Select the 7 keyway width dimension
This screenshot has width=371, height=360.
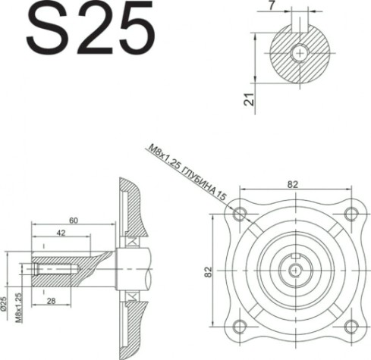(x=294, y=6)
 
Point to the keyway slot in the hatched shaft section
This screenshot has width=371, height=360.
(x=301, y=33)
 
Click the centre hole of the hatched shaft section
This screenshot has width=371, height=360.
(x=301, y=53)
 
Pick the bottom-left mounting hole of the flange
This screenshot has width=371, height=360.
(x=241, y=326)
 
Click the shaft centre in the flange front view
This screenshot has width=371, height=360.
(x=295, y=269)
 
